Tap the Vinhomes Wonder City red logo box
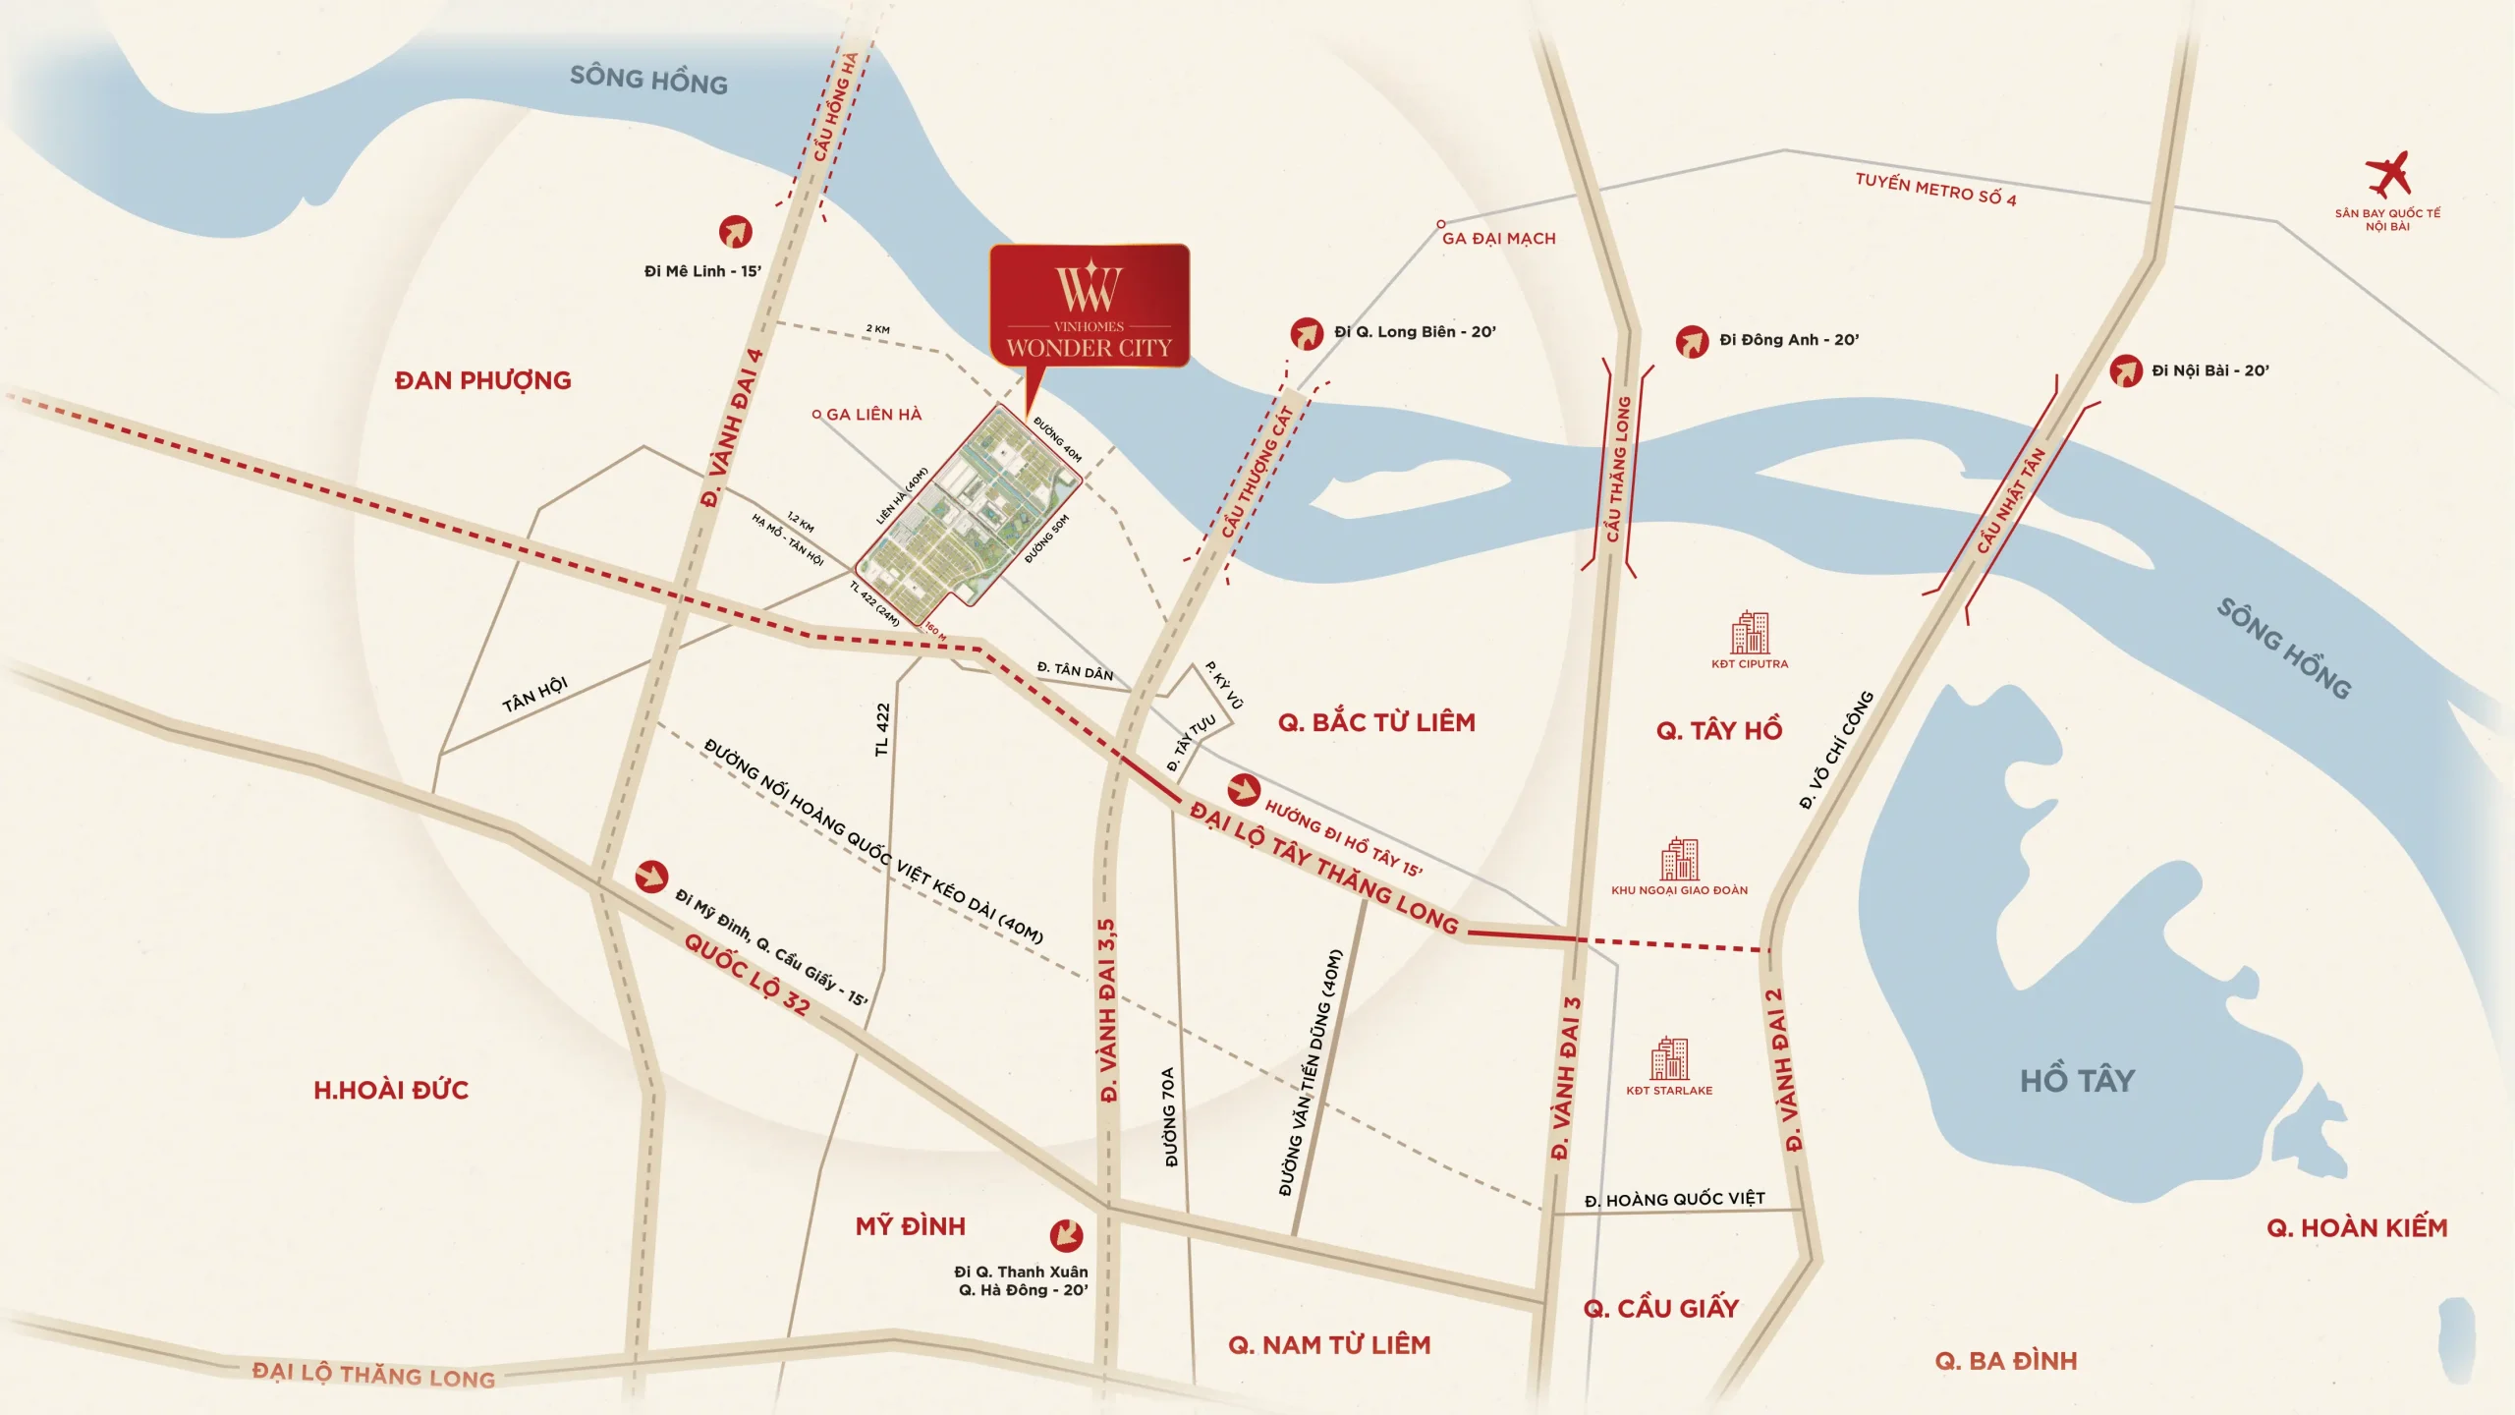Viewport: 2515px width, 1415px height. pos(1089,306)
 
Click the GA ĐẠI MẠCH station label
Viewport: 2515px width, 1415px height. pos(1498,238)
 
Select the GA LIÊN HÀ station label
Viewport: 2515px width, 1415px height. pos(873,415)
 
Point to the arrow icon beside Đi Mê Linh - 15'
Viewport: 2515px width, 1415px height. pos(735,232)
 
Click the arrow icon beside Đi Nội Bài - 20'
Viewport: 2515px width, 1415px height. pos(2125,371)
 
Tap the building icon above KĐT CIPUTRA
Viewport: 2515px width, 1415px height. pos(1750,633)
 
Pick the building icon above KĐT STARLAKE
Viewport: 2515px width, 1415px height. pos(1669,1059)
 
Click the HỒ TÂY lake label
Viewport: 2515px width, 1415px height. pos(2077,1081)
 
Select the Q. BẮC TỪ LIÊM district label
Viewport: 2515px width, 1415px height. pos(1376,722)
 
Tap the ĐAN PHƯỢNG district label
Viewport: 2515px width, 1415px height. pos(482,380)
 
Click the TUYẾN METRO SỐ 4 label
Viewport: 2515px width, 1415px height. pos(1935,190)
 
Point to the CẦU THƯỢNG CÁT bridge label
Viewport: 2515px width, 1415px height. pos(1257,472)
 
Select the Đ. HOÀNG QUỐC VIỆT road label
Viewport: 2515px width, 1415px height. pos(1674,1199)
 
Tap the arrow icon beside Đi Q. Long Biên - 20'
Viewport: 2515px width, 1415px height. pos(1307,334)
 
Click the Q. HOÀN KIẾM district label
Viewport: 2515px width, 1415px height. pos(2356,1227)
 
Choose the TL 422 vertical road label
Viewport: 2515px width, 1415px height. pos(882,729)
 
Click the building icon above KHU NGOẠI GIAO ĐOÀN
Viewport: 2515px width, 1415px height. pos(1679,860)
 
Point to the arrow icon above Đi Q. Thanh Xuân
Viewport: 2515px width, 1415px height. pos(1066,1235)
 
